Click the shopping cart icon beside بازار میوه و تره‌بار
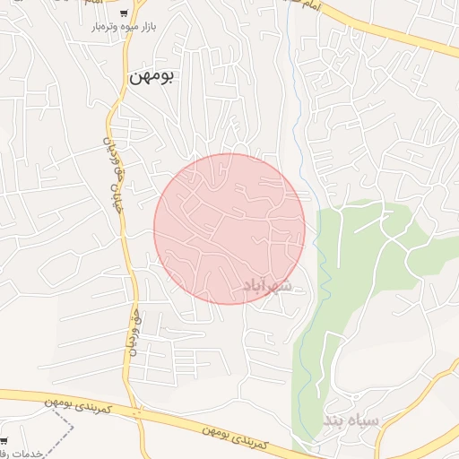(x=124, y=13)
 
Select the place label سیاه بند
(x=352, y=420)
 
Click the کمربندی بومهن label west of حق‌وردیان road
(x=78, y=403)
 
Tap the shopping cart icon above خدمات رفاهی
(x=4, y=440)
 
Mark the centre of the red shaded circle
(x=229, y=229)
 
